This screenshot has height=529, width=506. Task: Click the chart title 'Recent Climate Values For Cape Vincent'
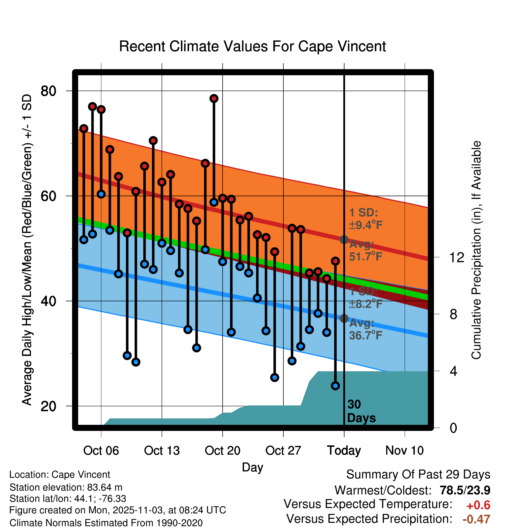pos(252,46)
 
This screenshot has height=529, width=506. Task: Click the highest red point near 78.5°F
pos(214,99)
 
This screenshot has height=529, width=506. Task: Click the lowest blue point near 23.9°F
pos(335,386)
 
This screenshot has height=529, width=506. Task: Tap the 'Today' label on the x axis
pos(344,451)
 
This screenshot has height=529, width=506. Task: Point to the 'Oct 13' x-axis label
pos(162,451)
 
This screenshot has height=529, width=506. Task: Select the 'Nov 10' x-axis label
pos(404,451)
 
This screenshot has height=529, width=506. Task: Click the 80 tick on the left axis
pos(48,91)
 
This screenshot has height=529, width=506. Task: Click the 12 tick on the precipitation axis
pos(456,257)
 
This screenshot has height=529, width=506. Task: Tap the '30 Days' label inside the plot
pos(361,411)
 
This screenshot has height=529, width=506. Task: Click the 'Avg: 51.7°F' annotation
pos(365,251)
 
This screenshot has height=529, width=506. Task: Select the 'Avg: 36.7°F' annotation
pos(365,329)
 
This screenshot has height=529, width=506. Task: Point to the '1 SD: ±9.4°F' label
pos(365,219)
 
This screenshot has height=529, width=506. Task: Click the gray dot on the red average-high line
pos(344,240)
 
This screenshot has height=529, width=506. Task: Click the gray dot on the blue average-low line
pos(344,318)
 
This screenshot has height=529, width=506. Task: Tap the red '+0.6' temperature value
pos(478,505)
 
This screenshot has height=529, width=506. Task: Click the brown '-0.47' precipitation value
pos(476,519)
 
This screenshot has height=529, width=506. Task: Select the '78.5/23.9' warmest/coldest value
pos(465,491)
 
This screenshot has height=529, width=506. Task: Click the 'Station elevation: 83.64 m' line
pos(66,487)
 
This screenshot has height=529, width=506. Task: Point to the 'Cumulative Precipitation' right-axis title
pos(476,250)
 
